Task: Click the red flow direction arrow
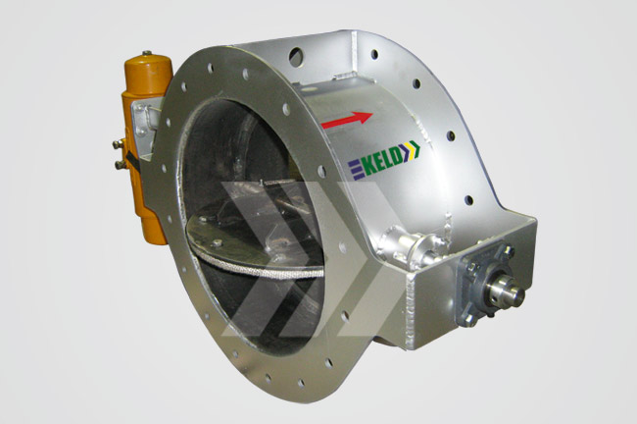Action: coord(347,120)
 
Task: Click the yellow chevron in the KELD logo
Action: coord(413,149)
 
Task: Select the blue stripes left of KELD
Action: coord(354,170)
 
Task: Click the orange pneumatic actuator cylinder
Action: coord(146,146)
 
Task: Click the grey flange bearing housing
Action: coord(485,285)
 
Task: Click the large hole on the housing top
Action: coord(296,57)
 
